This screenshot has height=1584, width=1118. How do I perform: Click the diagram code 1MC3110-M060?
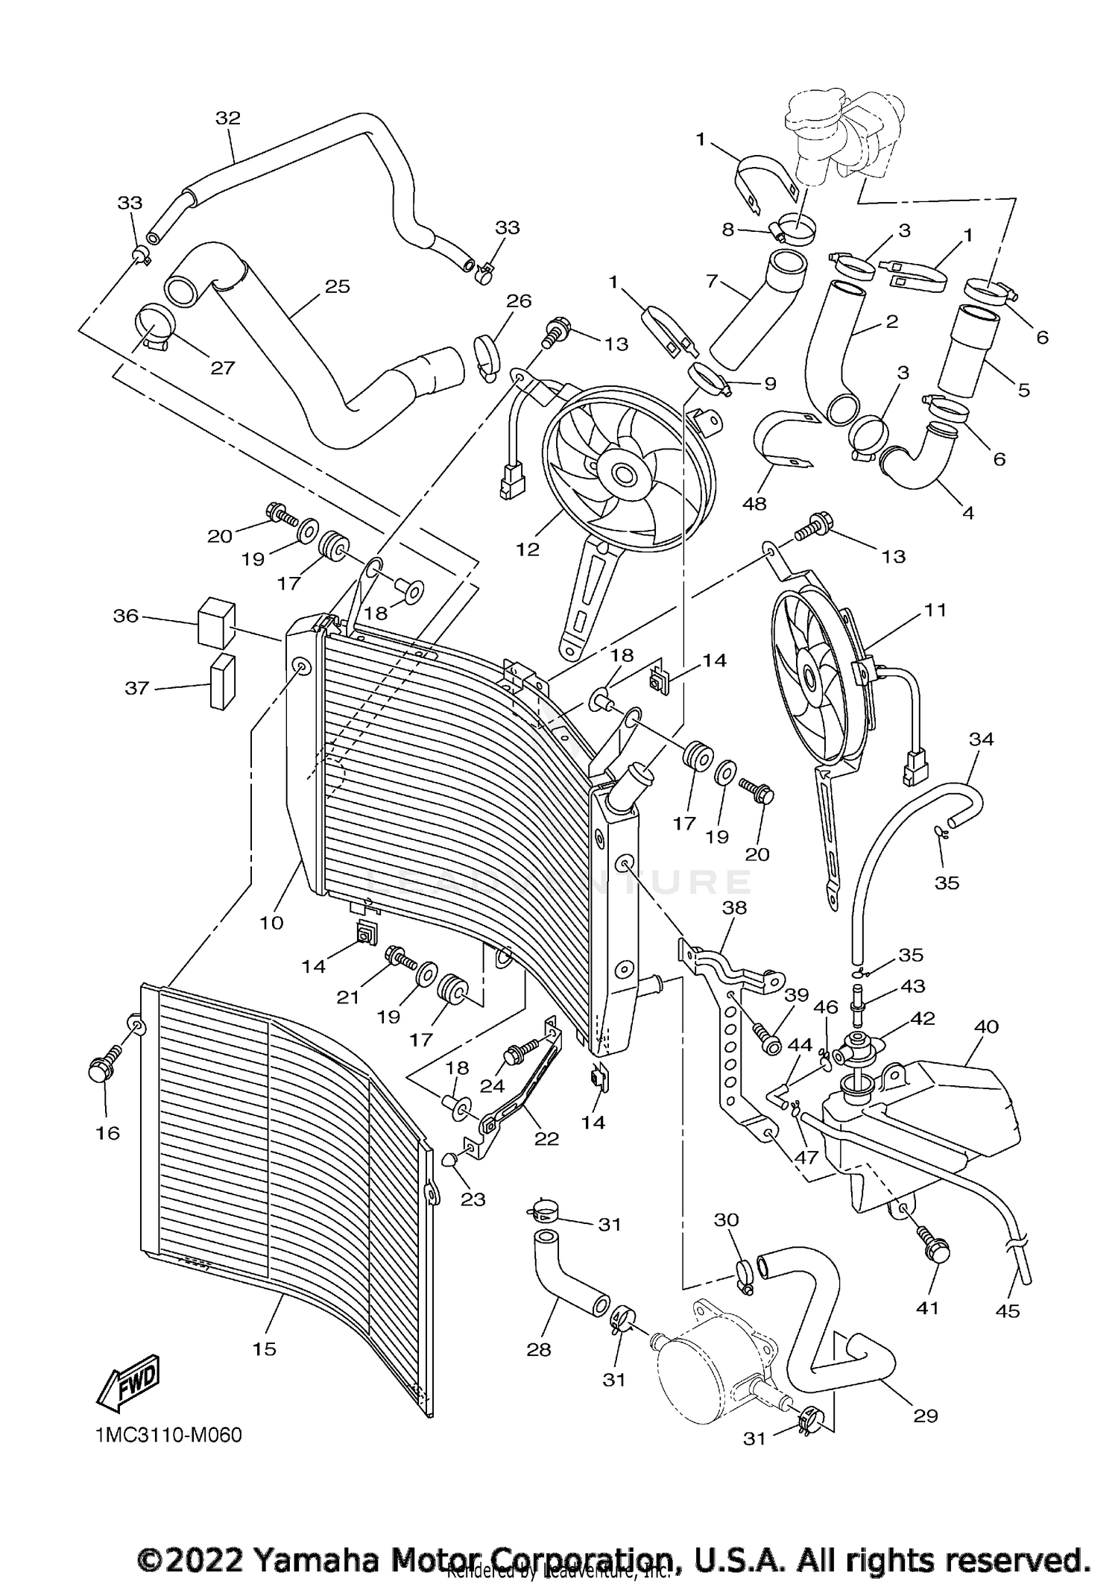(x=168, y=1436)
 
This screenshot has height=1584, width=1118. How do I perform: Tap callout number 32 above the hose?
(x=228, y=118)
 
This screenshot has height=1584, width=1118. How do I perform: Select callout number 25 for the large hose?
(x=337, y=286)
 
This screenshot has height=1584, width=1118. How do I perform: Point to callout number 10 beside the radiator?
(x=271, y=923)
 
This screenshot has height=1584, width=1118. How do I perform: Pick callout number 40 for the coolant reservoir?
(x=986, y=1026)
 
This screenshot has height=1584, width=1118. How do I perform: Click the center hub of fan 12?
(x=622, y=473)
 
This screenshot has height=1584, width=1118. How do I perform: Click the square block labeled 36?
(x=216, y=620)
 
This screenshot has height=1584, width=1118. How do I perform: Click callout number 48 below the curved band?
(x=754, y=504)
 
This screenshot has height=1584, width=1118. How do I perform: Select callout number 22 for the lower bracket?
(x=546, y=1138)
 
